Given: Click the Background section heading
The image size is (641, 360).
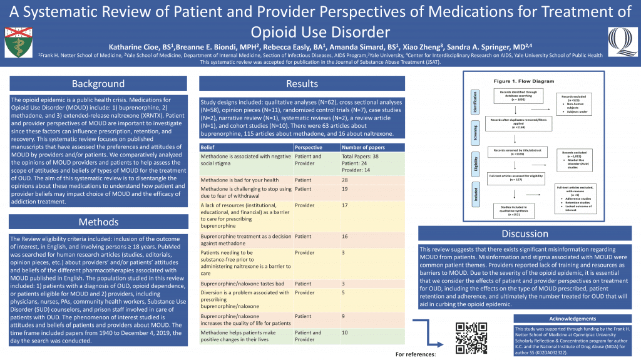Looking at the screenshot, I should [98, 84].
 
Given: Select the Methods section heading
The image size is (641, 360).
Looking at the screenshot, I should [98, 222].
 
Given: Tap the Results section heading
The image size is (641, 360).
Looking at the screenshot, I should [302, 84].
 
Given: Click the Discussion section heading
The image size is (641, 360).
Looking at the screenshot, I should [525, 234].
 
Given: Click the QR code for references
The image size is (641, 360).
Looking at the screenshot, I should [471, 337].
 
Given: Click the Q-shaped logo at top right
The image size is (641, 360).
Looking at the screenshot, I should [619, 41].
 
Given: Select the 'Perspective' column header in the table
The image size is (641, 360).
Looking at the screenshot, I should [309, 147].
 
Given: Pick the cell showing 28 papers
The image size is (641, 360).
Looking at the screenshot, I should [345, 180].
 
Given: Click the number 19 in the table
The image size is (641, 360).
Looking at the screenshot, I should [345, 189].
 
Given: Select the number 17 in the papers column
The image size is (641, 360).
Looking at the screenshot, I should [345, 205].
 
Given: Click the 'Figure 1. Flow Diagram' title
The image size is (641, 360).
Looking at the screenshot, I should [524, 81].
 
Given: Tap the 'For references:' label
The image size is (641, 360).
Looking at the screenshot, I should [416, 354].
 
